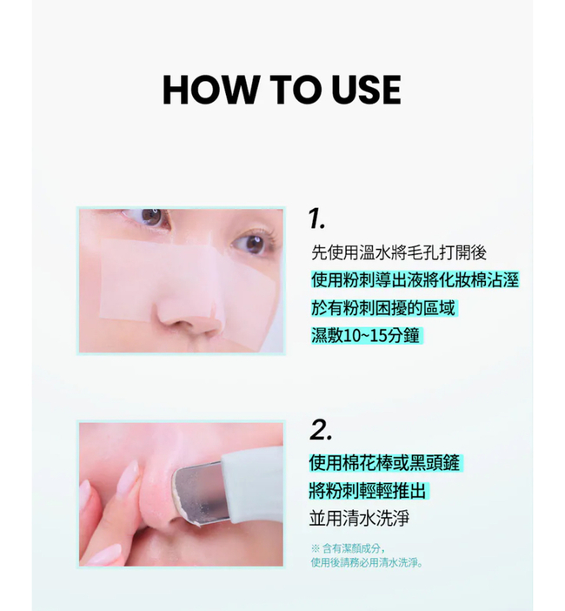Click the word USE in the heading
367,90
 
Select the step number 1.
316,218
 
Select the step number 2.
321,431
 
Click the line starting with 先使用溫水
399,253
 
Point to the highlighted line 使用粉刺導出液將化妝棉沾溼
415,280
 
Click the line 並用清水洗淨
359,519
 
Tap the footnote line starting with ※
349,548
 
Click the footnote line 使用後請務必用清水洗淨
367,562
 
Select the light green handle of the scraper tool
253,483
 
